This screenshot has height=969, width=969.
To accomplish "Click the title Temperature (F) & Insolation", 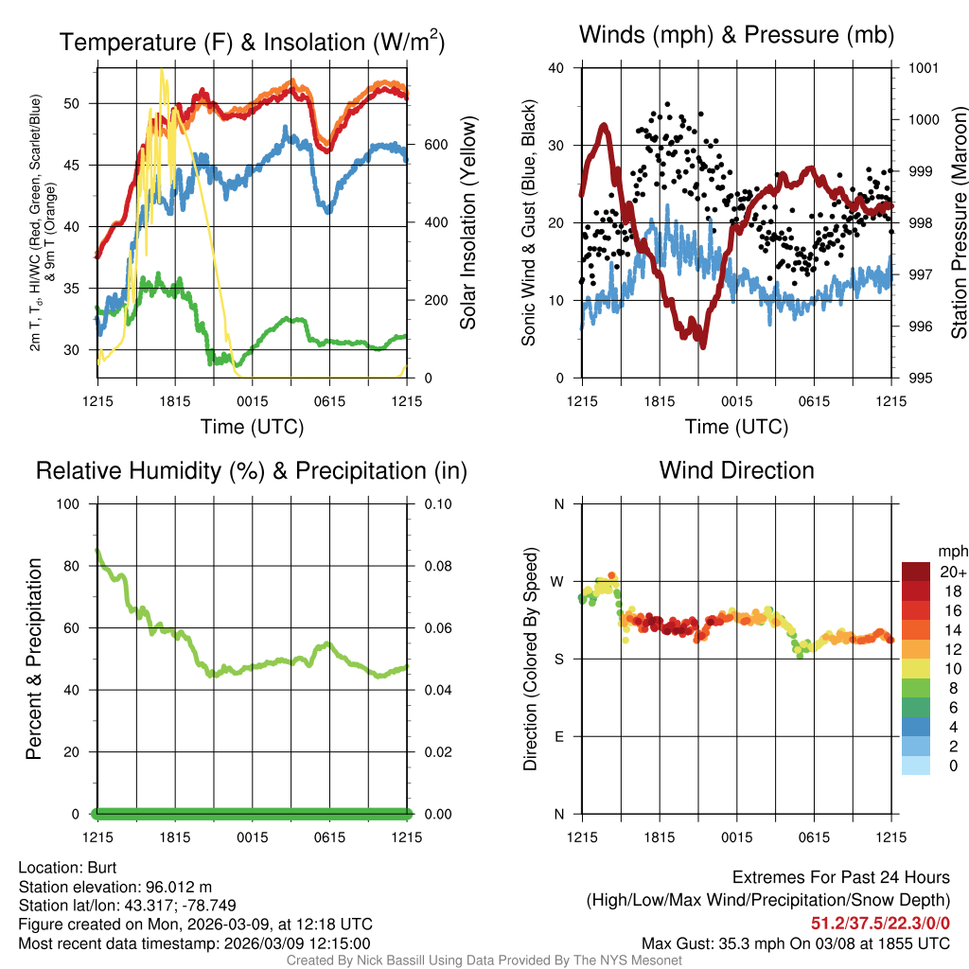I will point(252,42).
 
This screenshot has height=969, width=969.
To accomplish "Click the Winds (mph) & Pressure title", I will point(736,35).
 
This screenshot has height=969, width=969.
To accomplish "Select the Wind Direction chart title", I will point(736,470).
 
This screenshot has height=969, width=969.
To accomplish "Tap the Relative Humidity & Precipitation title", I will point(251,470).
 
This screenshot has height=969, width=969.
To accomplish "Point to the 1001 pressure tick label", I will point(923,68).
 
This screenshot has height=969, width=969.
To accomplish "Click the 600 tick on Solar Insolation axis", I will point(434,145).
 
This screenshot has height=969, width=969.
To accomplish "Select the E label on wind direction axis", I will point(559,736).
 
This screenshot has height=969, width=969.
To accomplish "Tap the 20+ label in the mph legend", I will point(952,572).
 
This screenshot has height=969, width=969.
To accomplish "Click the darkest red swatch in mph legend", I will point(916,572).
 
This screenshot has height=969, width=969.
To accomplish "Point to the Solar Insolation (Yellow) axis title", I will point(467,223).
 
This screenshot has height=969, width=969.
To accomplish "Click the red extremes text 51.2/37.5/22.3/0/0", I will point(880,923).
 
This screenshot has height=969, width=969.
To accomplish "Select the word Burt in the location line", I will point(101,867).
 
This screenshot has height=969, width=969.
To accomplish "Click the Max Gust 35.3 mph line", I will point(795,943).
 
